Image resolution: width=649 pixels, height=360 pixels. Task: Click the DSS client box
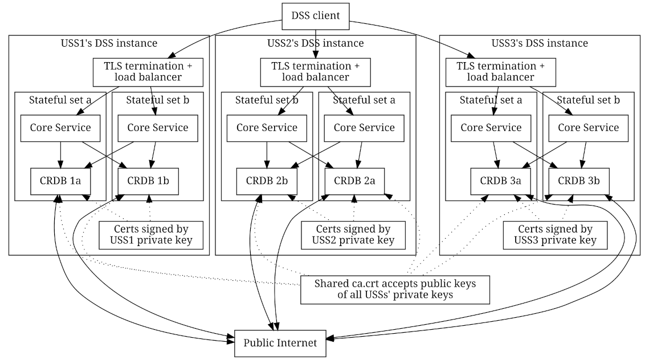315,15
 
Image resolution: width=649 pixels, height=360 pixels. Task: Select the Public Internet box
280,343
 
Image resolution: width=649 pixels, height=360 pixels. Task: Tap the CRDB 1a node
60,181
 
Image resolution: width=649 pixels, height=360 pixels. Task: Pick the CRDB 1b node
148,181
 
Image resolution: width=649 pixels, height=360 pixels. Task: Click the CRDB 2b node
267,181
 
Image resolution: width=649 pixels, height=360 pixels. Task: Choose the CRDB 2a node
354,181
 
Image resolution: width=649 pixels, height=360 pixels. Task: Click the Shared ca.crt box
395,289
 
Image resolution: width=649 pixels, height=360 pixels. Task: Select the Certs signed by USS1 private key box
150,235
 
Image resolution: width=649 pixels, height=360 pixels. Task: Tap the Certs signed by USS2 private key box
353,235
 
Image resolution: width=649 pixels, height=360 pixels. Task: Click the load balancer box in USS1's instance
150,71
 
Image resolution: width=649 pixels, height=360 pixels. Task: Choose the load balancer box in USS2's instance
315,71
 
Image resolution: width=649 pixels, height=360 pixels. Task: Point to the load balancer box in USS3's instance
501,71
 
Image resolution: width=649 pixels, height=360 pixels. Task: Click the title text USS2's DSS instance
315,43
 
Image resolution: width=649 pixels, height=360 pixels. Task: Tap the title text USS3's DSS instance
540,43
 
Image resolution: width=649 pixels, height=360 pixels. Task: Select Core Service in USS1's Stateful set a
60,128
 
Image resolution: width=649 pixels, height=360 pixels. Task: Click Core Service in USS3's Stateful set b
588,128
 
